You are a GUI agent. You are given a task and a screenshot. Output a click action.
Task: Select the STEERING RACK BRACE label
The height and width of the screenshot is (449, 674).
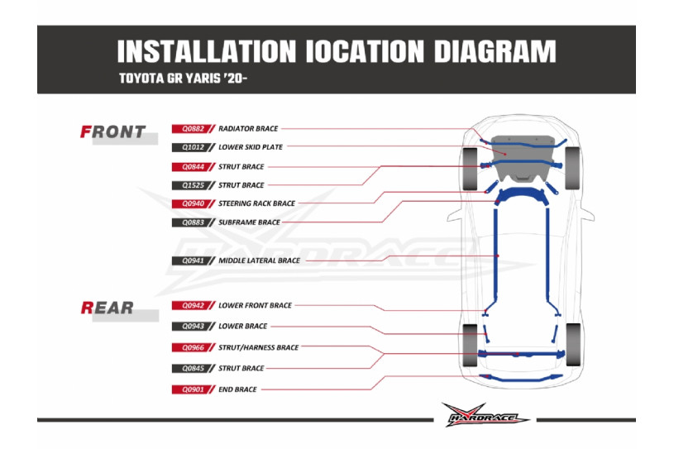pyautogui.click(x=256, y=203)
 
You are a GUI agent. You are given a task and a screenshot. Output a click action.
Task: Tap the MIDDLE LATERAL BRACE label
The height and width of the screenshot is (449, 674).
pyautogui.click(x=259, y=260)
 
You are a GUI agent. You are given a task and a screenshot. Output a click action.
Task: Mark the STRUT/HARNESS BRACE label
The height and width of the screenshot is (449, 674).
pyautogui.click(x=259, y=348)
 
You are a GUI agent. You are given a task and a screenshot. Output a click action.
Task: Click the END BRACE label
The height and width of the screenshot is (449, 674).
pyautogui.click(x=238, y=389)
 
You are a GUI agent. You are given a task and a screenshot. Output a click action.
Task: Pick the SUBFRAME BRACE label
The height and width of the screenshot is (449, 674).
pyautogui.click(x=249, y=222)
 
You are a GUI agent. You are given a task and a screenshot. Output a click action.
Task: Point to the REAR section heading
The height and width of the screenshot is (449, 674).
pyautogui.click(x=108, y=308)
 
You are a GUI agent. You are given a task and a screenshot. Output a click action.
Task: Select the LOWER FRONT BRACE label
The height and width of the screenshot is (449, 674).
pyautogui.click(x=255, y=306)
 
